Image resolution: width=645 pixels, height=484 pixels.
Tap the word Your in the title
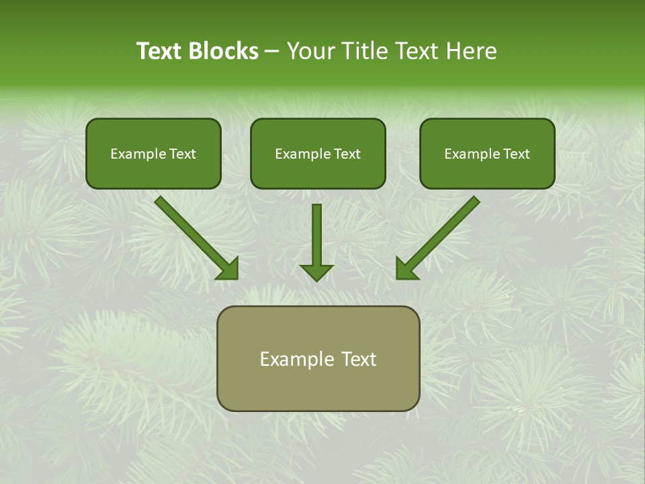tap(310, 51)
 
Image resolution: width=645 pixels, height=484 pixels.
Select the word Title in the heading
tap(363, 51)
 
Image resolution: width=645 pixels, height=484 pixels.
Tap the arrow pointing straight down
tap(316, 235)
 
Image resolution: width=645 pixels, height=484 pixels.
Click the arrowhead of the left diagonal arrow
tap(228, 269)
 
